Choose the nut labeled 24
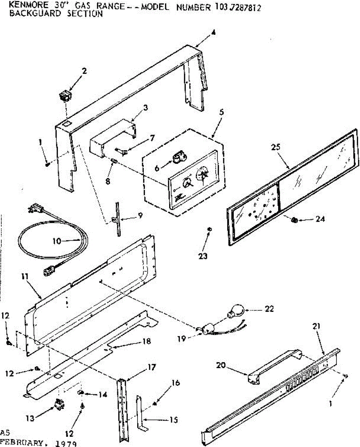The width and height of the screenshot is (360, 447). pos(294,220)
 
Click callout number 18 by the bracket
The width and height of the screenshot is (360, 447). pos(147,341)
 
